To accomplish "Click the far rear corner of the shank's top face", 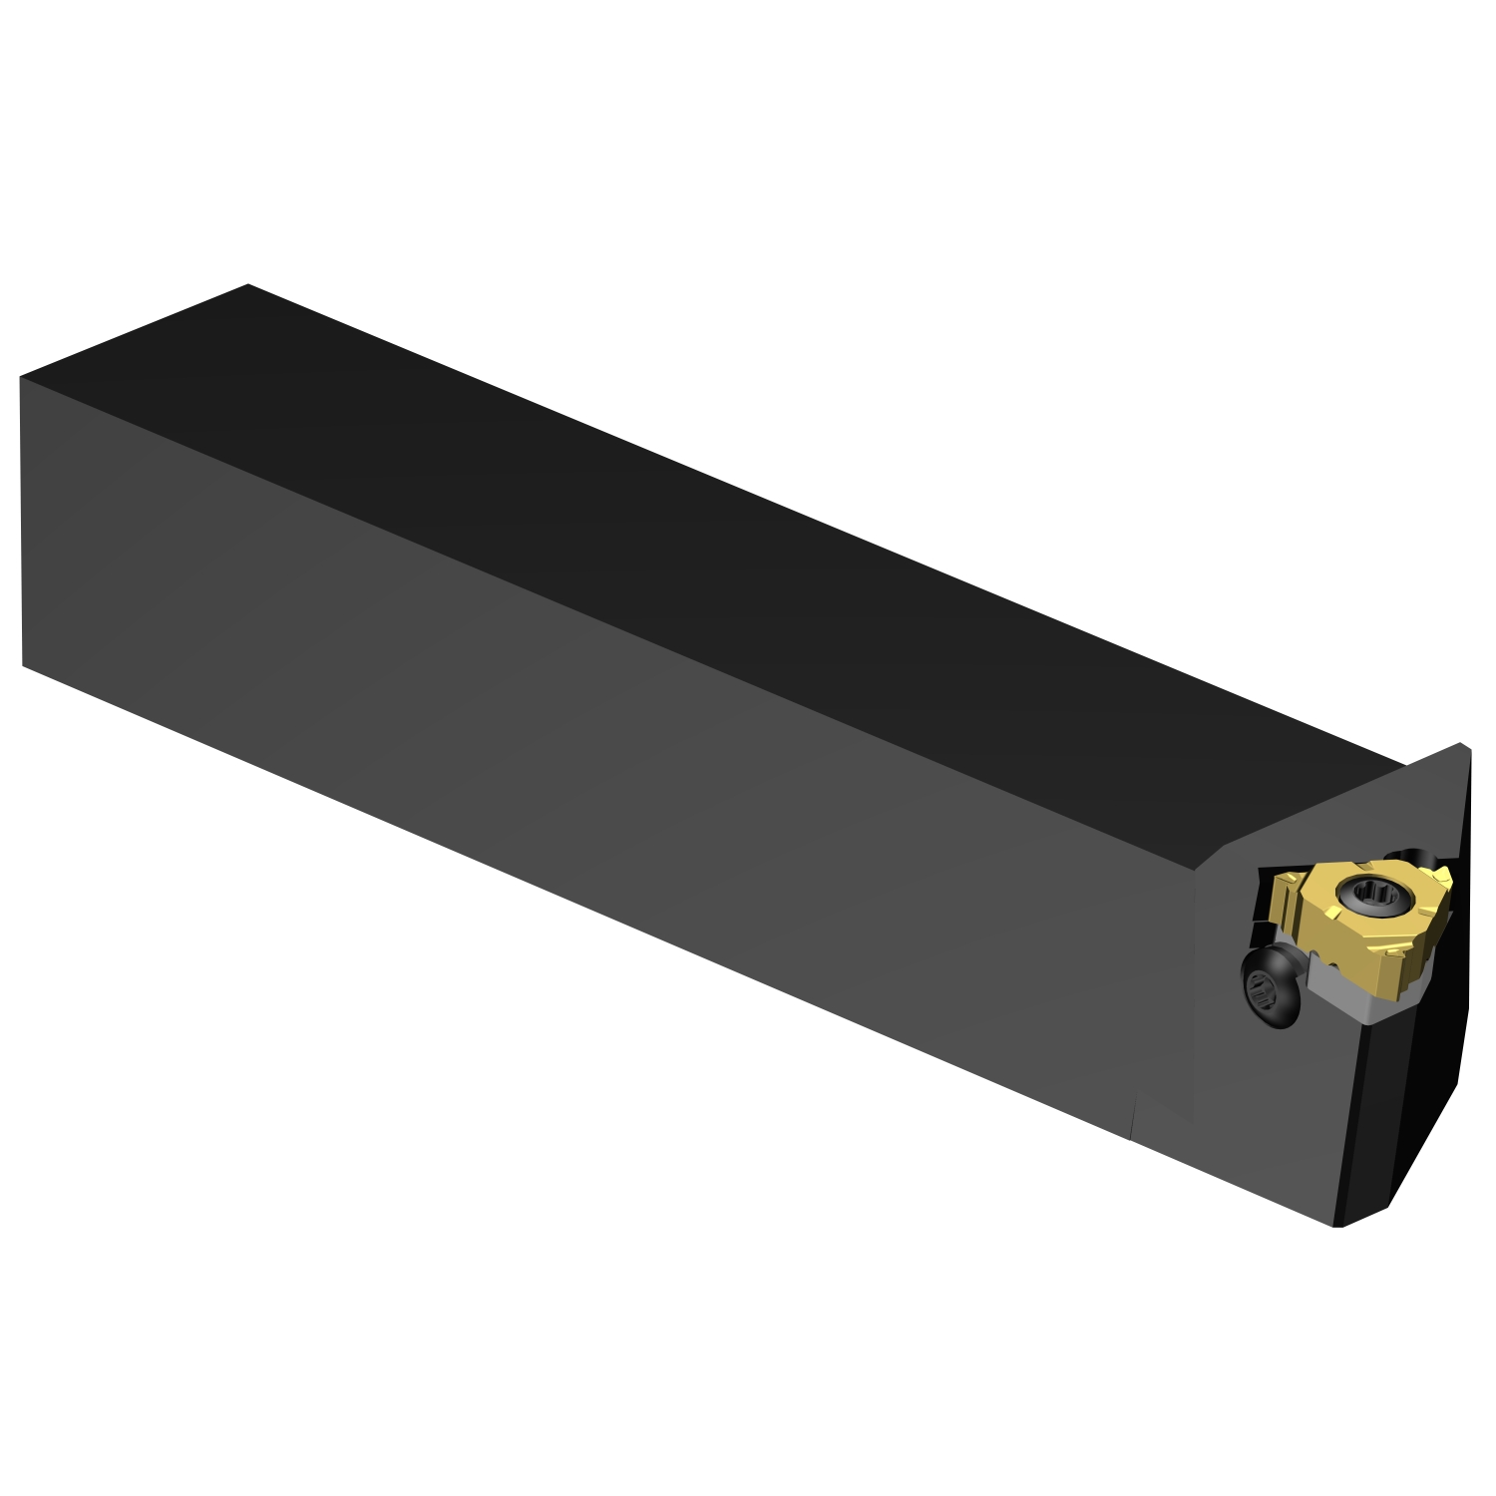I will [247, 285].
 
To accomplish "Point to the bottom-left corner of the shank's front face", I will [22, 665].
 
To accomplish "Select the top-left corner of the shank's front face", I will [21, 378].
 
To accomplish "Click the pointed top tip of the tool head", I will [1460, 744].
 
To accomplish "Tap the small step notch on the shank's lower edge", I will [1133, 1117].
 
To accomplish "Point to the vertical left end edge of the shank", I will [21, 519].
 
